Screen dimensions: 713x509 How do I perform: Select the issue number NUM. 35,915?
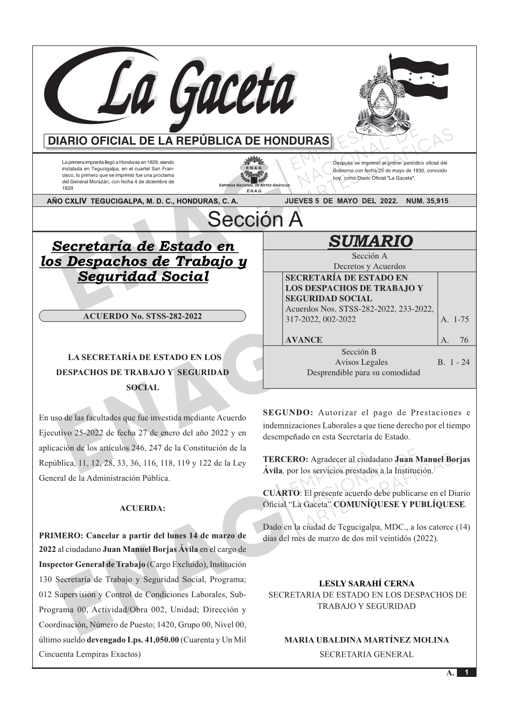click(x=427, y=201)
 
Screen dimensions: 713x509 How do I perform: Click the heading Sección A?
click(x=255, y=220)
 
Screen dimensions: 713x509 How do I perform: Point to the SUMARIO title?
click(x=370, y=241)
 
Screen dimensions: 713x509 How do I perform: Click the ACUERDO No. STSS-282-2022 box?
click(x=142, y=316)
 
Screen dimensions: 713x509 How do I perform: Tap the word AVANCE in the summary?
click(x=304, y=340)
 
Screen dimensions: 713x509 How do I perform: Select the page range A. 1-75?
click(x=455, y=320)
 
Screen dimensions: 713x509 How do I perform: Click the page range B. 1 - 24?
click(x=454, y=362)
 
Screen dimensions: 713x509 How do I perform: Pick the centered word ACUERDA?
click(x=142, y=508)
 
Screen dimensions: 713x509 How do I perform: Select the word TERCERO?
click(x=285, y=460)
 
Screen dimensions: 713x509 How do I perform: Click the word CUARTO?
click(x=281, y=493)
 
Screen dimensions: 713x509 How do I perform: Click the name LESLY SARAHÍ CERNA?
click(x=367, y=584)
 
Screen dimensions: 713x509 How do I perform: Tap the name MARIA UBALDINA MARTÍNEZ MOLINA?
click(x=366, y=640)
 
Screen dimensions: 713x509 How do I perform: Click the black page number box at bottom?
click(x=466, y=673)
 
